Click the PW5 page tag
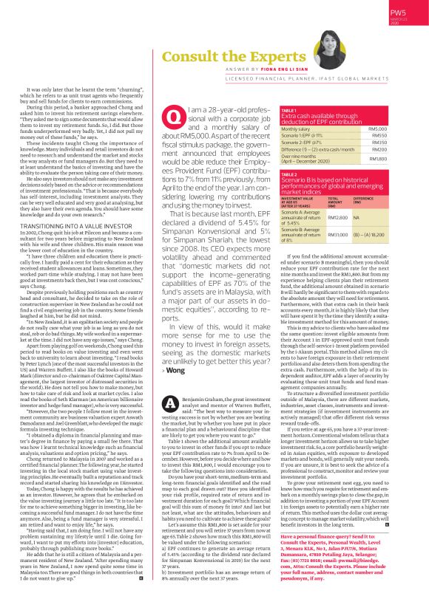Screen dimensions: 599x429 pos(398,13)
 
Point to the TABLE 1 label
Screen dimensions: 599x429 pos(289,109)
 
